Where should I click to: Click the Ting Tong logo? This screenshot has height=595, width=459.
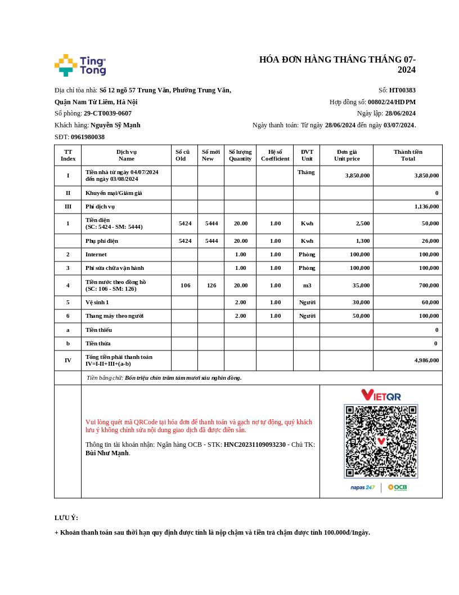80,65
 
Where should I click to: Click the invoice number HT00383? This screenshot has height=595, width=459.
402,90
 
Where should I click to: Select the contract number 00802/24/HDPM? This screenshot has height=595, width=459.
391,102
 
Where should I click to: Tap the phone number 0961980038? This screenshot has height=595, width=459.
88,137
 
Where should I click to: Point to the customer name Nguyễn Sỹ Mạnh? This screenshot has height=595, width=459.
115,125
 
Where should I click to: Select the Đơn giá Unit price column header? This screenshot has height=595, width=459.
346,155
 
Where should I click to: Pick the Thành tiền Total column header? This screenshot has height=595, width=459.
408,155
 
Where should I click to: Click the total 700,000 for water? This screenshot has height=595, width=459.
427,286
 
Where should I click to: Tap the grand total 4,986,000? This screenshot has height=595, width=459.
426,361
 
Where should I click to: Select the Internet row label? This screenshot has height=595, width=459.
96,255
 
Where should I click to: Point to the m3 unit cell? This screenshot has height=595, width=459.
307,286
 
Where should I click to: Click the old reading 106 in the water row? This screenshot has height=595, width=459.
185,286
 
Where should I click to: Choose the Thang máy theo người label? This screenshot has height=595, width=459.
114,316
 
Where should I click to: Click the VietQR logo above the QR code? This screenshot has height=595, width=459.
381,395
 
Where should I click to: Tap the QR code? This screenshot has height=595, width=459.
381,441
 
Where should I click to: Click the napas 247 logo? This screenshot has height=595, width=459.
362,487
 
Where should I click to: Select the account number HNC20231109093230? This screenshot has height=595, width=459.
255,445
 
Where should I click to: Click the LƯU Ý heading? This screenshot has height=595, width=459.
66,518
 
